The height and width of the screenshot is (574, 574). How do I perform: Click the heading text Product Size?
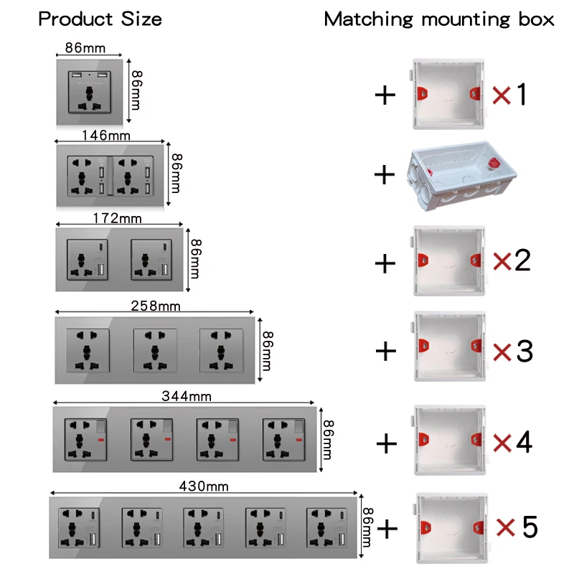(100, 19)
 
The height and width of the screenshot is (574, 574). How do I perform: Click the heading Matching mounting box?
(438, 19)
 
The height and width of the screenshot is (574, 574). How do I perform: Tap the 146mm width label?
(105, 135)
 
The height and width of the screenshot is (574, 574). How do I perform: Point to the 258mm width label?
(156, 306)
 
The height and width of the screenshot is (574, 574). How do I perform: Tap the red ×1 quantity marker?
(509, 94)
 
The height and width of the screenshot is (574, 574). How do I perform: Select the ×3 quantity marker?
(512, 352)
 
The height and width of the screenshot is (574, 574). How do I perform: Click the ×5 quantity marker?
(517, 529)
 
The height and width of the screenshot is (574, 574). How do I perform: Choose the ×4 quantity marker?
(512, 442)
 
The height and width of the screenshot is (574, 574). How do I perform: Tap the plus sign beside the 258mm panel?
(386, 351)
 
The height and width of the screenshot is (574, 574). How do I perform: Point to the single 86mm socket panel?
(90, 92)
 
